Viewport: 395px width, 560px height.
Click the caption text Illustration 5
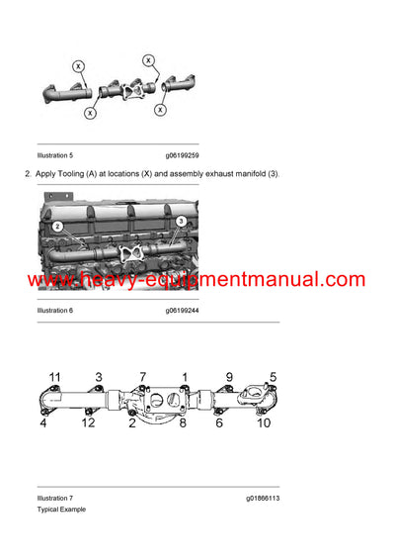point(54,155)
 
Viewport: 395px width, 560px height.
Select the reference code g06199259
point(186,155)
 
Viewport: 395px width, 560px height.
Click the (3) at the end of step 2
point(272,174)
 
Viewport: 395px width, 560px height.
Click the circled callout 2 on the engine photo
point(58,227)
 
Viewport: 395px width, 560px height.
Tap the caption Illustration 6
point(54,311)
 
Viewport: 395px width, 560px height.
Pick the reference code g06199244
point(186,311)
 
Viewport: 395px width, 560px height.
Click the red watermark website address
point(197,280)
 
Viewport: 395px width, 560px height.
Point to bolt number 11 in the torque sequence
point(55,378)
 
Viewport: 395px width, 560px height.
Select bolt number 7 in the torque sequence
point(142,378)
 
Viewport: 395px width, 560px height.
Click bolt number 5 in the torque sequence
point(272,378)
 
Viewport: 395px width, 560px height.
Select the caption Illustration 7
point(54,498)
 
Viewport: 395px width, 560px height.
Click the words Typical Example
point(61,510)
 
